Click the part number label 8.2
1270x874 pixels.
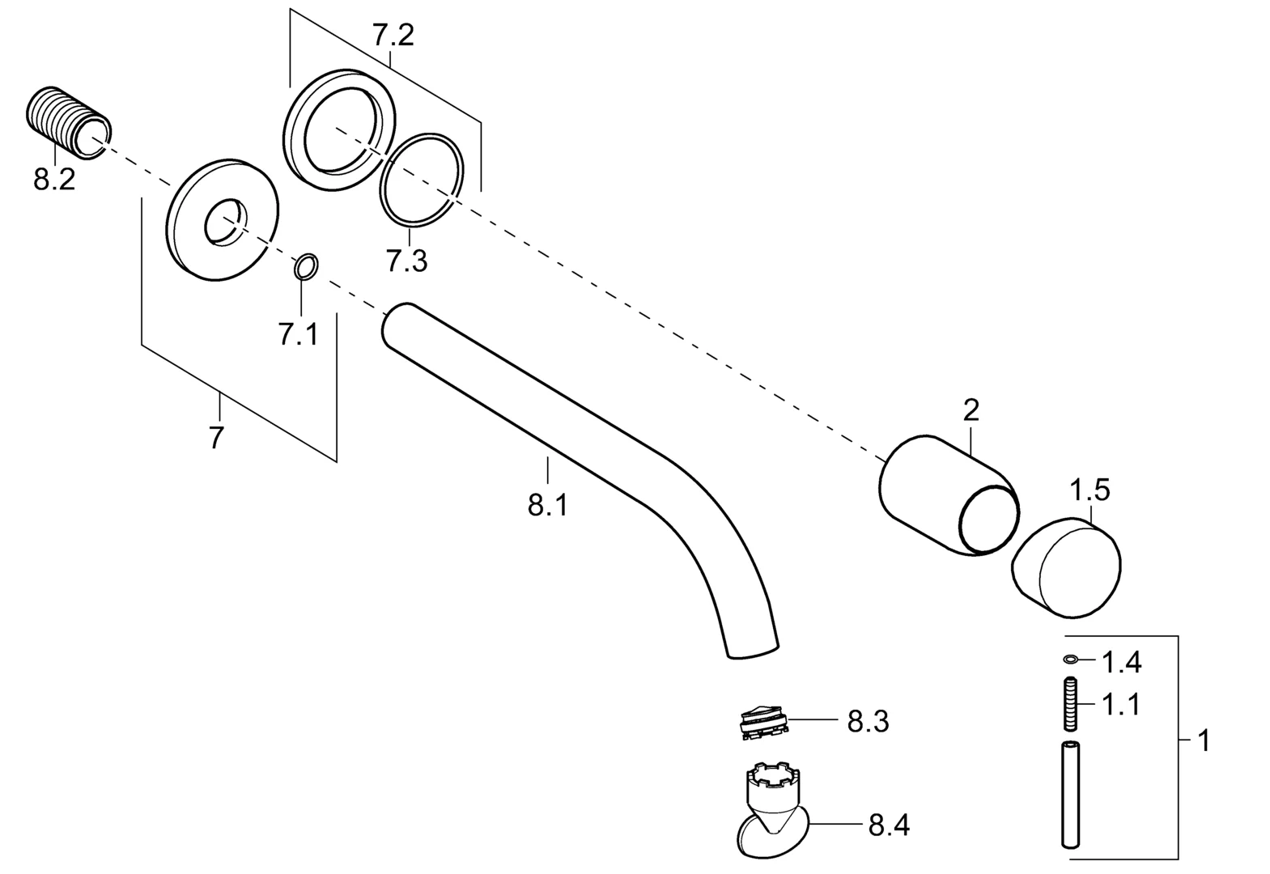click(54, 180)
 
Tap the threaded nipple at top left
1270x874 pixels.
click(69, 123)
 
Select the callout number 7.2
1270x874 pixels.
click(393, 35)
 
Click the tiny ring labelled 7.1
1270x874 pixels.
click(306, 265)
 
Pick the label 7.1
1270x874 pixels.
click(298, 334)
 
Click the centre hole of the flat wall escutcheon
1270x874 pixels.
click(226, 223)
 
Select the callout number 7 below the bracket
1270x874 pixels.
click(216, 438)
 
